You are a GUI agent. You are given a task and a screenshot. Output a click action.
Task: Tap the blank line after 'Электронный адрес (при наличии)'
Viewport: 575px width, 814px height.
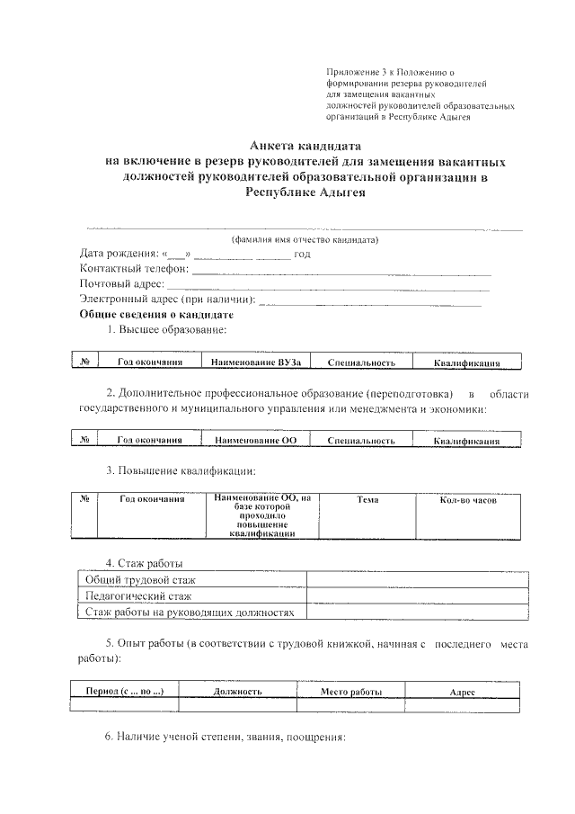coord(369,300)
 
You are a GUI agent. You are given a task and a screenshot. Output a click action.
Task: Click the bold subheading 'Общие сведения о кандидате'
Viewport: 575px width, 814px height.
coord(156,315)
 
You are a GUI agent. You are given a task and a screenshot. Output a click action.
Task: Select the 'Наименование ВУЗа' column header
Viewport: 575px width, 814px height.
coord(255,362)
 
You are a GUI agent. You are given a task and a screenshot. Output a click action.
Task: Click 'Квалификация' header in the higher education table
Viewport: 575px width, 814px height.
coord(465,363)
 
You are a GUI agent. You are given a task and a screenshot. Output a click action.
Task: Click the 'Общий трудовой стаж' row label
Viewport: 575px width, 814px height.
coord(139,580)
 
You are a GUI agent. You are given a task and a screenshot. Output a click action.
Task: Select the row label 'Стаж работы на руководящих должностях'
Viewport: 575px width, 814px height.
coord(190,612)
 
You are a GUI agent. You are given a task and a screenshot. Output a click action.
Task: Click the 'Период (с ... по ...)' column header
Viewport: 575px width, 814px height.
coord(124,692)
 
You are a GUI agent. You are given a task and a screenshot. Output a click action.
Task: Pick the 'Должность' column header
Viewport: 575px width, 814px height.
coord(237,692)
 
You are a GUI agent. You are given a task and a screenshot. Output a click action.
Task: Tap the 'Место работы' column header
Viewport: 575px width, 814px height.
coord(351,692)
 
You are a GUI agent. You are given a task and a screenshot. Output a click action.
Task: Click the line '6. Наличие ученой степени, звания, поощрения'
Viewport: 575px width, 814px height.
coord(226,738)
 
